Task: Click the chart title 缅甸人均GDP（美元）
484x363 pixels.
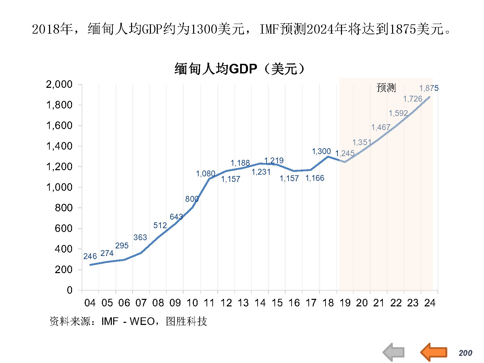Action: pyautogui.click(x=239, y=69)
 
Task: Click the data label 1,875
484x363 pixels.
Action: pyautogui.click(x=429, y=88)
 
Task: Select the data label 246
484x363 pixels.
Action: pyautogui.click(x=90, y=256)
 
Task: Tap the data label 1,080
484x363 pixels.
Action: pyautogui.click(x=205, y=174)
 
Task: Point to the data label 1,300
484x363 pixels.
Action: pyautogui.click(x=321, y=151)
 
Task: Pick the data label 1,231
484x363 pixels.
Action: pyautogui.click(x=261, y=172)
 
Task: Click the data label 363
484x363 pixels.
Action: pyautogui.click(x=140, y=237)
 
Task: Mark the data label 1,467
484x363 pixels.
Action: pyautogui.click(x=381, y=127)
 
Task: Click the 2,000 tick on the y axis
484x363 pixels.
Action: pyautogui.click(x=59, y=84)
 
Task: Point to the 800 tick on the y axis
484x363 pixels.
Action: pyautogui.click(x=63, y=208)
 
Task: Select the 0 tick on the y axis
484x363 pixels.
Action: pyautogui.click(x=70, y=290)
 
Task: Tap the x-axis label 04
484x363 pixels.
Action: pyautogui.click(x=90, y=303)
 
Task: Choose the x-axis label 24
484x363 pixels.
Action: pyautogui.click(x=430, y=303)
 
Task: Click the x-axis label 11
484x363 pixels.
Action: pyautogui.click(x=209, y=303)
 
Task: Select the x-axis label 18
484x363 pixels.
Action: pyautogui.click(x=328, y=303)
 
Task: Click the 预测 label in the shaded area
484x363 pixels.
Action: pyautogui.click(x=386, y=88)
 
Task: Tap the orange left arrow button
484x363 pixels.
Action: pyautogui.click(x=434, y=352)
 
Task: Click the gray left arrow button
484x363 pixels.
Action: pyautogui.click(x=394, y=352)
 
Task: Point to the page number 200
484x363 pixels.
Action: pyautogui.click(x=465, y=353)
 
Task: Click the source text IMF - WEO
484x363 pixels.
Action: pyautogui.click(x=128, y=321)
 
